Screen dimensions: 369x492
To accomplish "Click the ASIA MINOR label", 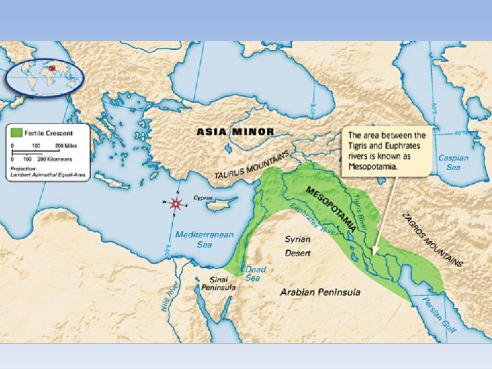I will coord(235,131).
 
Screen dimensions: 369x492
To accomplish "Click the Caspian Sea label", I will coord(454,162).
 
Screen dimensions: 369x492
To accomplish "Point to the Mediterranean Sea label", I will coord(204,239).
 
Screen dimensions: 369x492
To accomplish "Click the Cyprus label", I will coord(203,197).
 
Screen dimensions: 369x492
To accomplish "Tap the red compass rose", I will coord(177,204).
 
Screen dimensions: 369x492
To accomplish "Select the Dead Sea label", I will coord(256,273).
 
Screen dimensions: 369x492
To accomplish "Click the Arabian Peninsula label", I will coord(320,292).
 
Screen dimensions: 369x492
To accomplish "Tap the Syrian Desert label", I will coord(298,246).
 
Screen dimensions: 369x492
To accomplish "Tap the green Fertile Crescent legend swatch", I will coord(15,131).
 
